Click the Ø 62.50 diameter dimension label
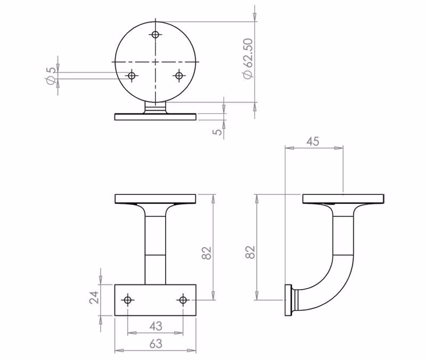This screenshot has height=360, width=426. point(249,59)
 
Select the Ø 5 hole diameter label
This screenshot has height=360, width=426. point(51,75)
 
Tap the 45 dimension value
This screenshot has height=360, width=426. point(313,142)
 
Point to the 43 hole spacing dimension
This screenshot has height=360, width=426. point(155,326)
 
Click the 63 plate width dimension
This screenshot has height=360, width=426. point(155,344)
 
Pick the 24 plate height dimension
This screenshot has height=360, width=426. point(94,298)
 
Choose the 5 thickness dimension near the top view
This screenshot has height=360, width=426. point(217,132)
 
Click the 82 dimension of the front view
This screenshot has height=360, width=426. point(207,253)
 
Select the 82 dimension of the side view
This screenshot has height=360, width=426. point(250,252)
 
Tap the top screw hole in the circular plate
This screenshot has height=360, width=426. point(155,35)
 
